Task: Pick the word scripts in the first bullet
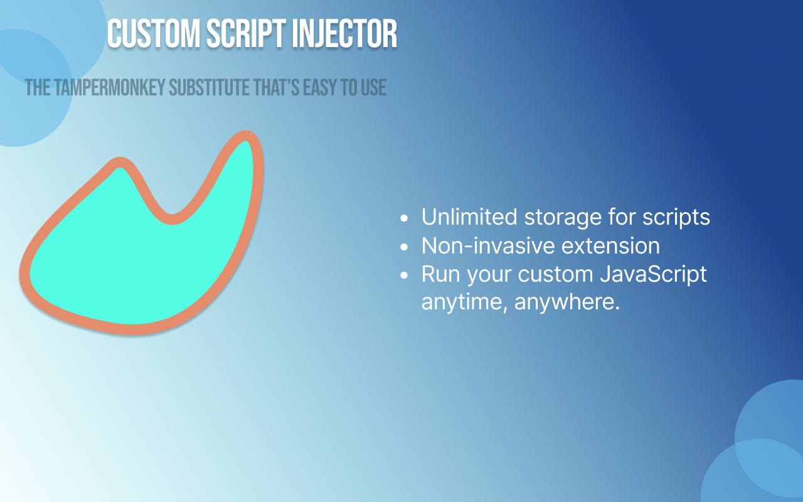(676, 217)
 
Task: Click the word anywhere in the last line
(567, 302)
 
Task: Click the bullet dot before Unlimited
(405, 218)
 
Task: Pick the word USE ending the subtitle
(373, 88)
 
